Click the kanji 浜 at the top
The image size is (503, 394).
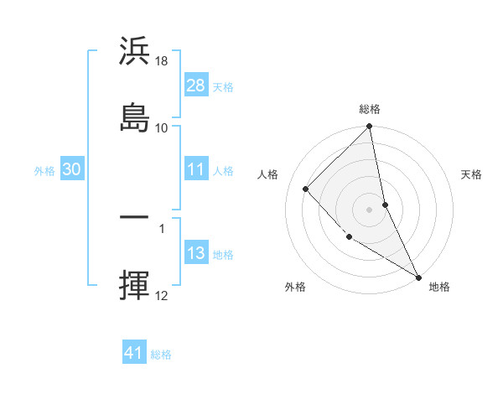(x=134, y=53)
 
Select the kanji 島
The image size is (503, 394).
(x=134, y=117)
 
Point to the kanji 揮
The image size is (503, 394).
(x=134, y=285)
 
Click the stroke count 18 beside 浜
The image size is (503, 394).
(x=162, y=62)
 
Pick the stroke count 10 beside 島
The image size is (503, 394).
(x=162, y=127)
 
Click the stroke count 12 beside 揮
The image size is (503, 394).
(x=162, y=295)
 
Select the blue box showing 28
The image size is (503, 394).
(x=195, y=86)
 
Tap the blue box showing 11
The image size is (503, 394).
(x=195, y=169)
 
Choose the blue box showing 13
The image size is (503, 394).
(x=195, y=253)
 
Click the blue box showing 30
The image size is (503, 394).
(x=71, y=169)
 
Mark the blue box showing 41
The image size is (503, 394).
(x=134, y=353)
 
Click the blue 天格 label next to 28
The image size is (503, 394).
(x=223, y=86)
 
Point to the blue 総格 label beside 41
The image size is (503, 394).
(x=161, y=355)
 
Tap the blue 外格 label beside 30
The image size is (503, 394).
(x=44, y=170)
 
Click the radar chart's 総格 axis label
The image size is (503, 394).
(x=370, y=110)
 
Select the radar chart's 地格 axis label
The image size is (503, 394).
(x=439, y=287)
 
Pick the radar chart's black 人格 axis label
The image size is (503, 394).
(x=268, y=174)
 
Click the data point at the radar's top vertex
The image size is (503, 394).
(x=370, y=127)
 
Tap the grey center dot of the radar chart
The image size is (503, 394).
(x=370, y=210)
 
